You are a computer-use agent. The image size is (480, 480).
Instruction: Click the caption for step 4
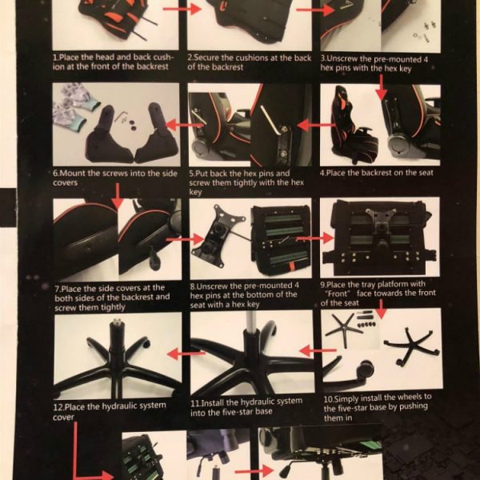point(377,173)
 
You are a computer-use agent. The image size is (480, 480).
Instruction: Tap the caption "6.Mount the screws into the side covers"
point(115,178)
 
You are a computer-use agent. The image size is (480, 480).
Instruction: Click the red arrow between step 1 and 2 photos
point(182,9)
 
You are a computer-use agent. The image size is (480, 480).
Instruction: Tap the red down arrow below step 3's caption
point(381,87)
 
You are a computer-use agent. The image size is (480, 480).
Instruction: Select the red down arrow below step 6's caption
point(118,196)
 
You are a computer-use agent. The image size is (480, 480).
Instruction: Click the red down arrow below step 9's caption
point(381,309)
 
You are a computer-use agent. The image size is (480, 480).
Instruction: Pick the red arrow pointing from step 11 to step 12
point(186,354)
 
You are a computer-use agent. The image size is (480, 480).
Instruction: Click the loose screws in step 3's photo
point(424,31)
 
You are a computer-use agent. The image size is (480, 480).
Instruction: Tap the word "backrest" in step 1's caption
point(153,66)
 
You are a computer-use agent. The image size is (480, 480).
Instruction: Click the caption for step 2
point(249,62)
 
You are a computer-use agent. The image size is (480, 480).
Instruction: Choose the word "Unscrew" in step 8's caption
point(212,286)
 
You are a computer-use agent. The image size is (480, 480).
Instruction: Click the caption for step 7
point(112,298)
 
